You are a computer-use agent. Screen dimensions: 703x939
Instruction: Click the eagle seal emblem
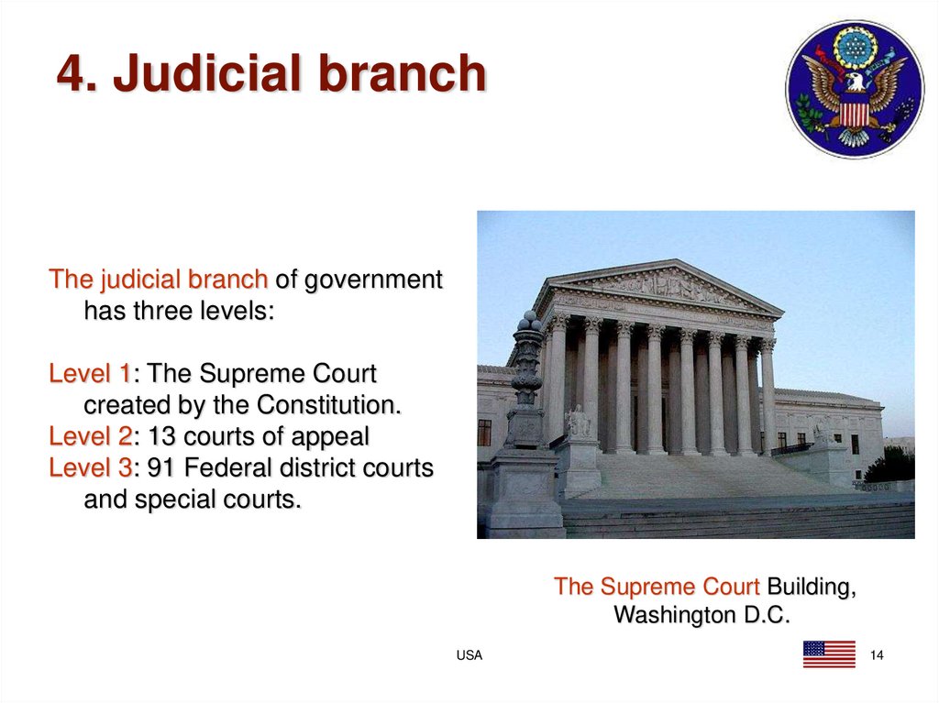click(x=854, y=89)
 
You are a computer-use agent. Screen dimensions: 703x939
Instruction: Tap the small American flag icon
click(x=828, y=654)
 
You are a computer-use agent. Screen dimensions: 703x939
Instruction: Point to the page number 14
click(x=876, y=655)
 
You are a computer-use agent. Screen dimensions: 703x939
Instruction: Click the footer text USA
click(x=469, y=655)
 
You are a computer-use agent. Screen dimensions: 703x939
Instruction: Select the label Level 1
click(x=89, y=374)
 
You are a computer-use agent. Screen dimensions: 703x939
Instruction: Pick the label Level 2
click(x=89, y=436)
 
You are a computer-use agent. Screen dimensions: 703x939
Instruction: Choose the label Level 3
click(x=89, y=468)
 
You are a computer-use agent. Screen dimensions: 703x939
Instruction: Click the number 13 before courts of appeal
click(x=161, y=436)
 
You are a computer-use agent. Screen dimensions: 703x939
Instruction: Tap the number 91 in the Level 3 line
click(x=161, y=468)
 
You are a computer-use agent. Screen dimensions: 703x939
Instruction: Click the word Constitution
click(x=329, y=405)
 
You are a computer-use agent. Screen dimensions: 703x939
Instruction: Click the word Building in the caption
click(x=811, y=586)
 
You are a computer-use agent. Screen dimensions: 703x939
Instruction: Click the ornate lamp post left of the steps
click(x=527, y=385)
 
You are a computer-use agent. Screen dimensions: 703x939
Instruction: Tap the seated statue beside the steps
click(x=578, y=422)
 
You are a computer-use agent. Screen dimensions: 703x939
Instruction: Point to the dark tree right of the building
click(x=890, y=466)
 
